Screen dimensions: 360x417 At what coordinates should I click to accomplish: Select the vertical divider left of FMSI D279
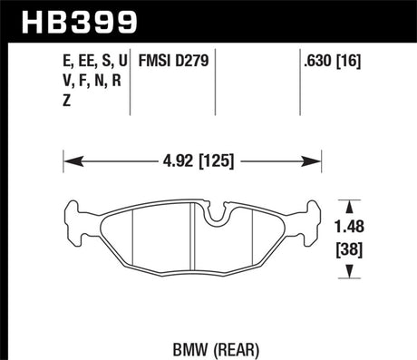coord(132,82)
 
